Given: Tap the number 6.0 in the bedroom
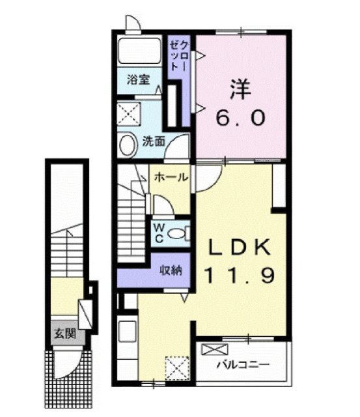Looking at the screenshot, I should tap(241, 119).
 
